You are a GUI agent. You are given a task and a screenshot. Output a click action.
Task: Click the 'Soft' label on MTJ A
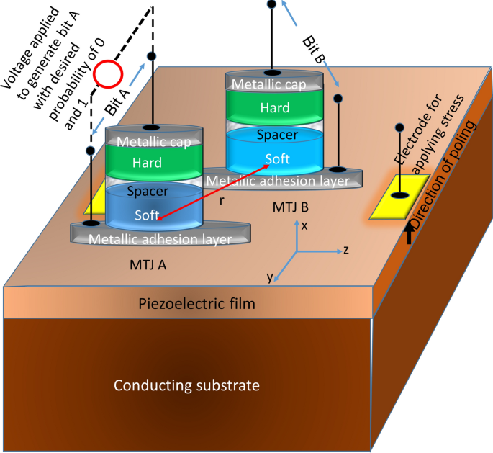(x=147, y=215)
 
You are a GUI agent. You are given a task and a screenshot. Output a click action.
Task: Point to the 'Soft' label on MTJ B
(x=278, y=159)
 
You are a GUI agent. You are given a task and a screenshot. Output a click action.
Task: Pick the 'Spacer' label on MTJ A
(x=147, y=192)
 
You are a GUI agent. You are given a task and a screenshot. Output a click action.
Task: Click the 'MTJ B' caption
(x=291, y=208)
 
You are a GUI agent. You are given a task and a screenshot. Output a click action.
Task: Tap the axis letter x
(x=304, y=225)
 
